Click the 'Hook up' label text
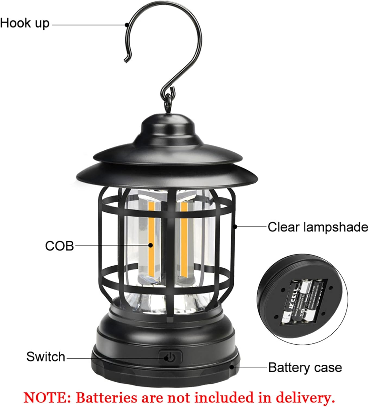coord(25,23)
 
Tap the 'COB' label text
coord(59,246)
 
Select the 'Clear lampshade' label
coord(318,227)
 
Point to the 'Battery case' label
coord(305,367)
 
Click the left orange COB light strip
coord(151,239)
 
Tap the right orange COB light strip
coord(184,239)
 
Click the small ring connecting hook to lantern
coord(170,99)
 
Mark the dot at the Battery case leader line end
coord(232,367)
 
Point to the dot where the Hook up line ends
coord(127,24)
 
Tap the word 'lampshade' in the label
coord(336,227)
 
